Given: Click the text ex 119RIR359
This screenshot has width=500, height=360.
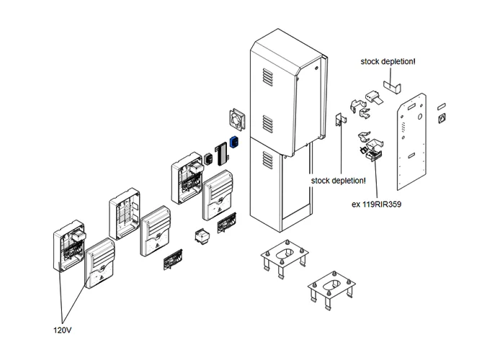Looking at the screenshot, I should (376, 204).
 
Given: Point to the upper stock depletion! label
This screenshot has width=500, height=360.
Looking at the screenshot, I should (388, 63).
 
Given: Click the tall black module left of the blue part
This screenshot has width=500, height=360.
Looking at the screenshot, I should (220, 151).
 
